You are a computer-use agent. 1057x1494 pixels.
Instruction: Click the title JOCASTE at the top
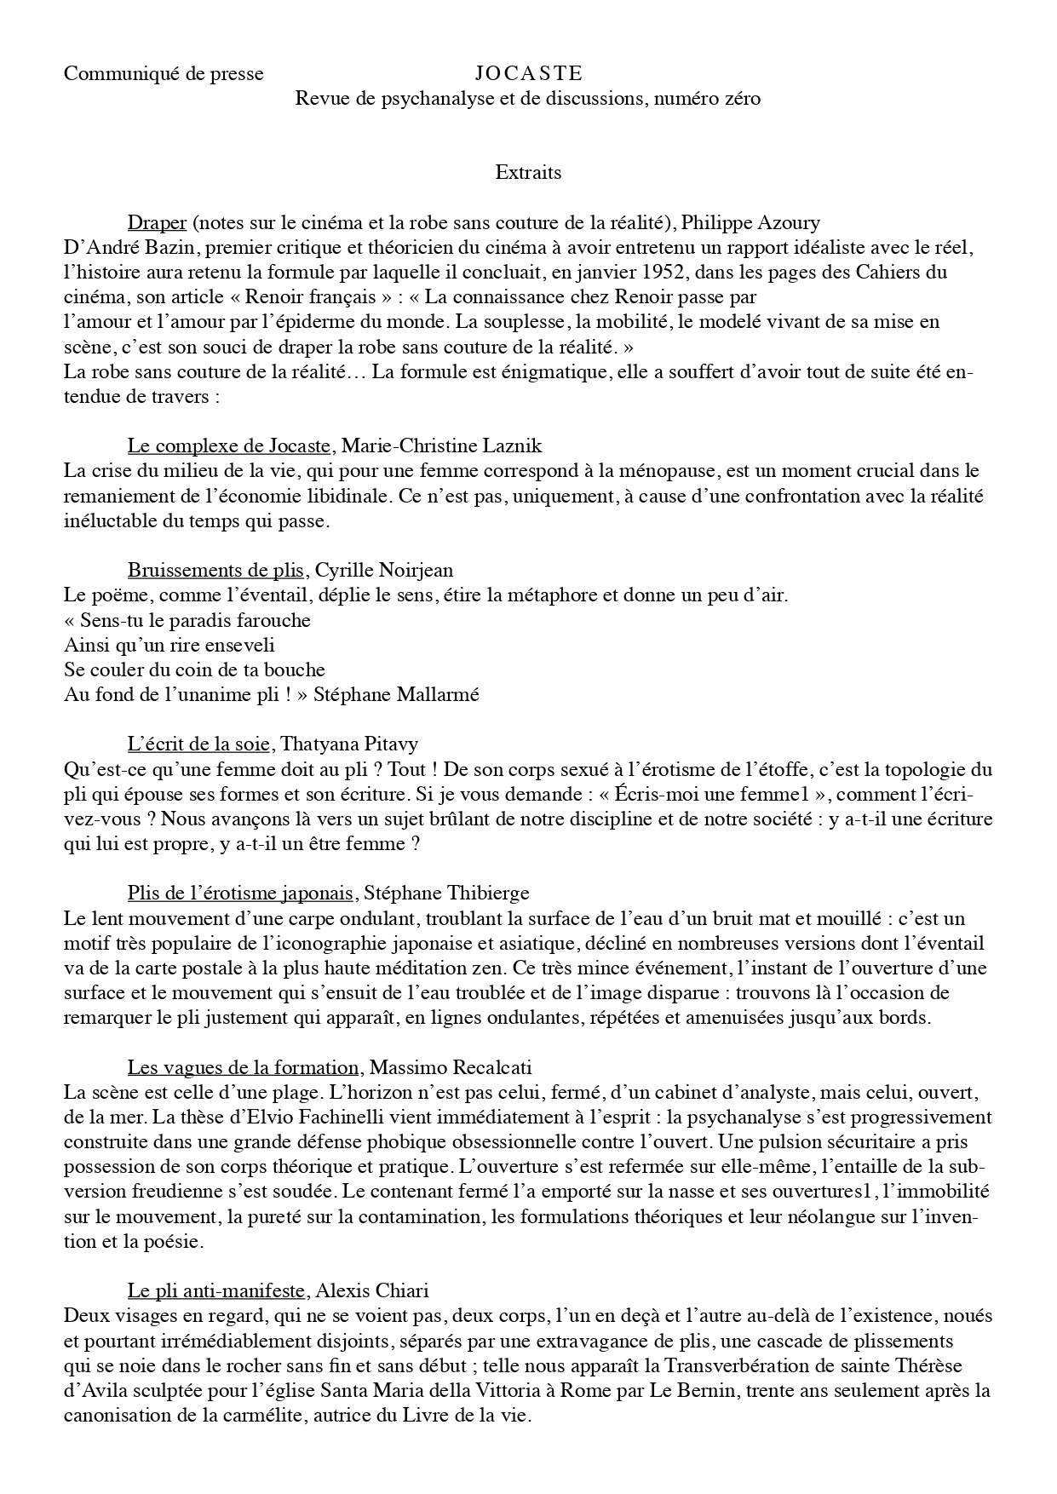(528, 74)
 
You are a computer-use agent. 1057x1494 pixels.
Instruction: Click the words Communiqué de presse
(164, 74)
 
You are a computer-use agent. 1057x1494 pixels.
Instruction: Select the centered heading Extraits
(528, 173)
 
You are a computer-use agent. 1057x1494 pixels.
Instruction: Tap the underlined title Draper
(157, 223)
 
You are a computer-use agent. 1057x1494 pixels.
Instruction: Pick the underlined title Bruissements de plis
(215, 571)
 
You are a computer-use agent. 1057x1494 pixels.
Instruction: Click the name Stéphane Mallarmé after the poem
(396, 694)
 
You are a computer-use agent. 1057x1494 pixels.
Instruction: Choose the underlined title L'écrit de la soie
(199, 744)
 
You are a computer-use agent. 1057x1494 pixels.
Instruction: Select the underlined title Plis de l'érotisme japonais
(240, 894)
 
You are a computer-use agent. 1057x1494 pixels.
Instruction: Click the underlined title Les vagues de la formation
(243, 1067)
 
